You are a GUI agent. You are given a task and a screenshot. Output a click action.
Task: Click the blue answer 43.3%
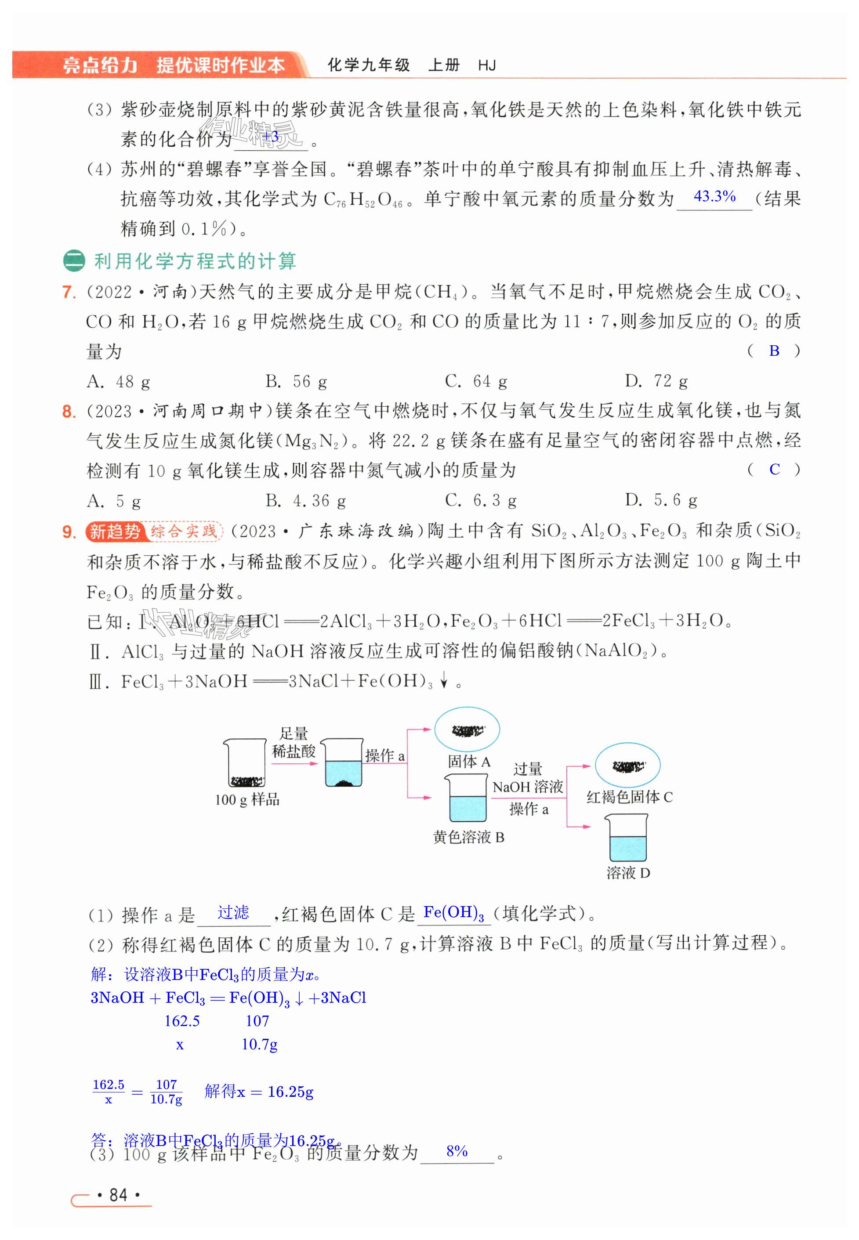tap(714, 196)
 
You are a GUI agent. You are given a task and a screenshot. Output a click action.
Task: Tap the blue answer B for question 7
tap(774, 351)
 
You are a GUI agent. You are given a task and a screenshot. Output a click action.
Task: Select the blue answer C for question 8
tap(774, 470)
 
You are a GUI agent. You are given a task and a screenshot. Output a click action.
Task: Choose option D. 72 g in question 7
tap(656, 381)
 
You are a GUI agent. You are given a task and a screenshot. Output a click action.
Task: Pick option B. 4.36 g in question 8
tap(305, 501)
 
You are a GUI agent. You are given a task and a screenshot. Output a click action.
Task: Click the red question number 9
tap(69, 532)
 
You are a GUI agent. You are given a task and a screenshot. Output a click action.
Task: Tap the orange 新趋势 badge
tap(114, 531)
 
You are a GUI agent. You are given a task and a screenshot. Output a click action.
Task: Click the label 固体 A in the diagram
tap(468, 762)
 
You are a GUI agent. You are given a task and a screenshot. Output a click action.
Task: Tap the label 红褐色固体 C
tap(629, 797)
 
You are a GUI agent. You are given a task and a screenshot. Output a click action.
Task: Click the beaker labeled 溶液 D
tap(626, 838)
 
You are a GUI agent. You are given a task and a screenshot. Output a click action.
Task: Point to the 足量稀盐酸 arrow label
tap(294, 742)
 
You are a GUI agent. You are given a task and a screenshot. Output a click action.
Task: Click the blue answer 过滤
tap(233, 912)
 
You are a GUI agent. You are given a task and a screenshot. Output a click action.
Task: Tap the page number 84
tap(118, 1195)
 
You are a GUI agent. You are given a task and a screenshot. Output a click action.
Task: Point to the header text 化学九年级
tap(369, 65)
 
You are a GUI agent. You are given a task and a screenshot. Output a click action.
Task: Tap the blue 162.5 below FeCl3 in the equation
tap(181, 1021)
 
